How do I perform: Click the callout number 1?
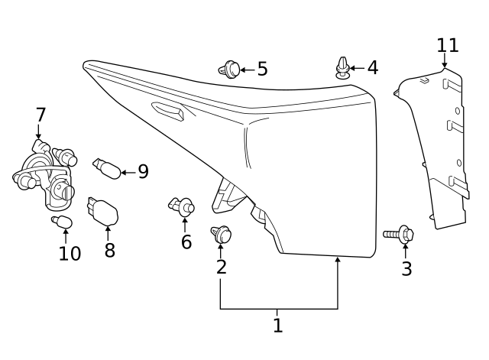[x=277, y=326]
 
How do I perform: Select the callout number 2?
[x=221, y=267]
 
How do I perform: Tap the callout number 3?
[x=406, y=268]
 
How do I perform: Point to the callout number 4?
[x=372, y=68]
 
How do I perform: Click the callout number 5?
[x=262, y=70]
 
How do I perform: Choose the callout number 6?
[x=186, y=242]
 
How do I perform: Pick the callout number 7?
[x=40, y=115]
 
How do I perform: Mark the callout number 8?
[x=109, y=250]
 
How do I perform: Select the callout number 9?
[x=142, y=172]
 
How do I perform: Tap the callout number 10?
[x=70, y=253]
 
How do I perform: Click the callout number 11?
[x=448, y=45]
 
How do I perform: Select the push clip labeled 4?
[x=343, y=67]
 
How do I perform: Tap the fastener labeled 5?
[x=228, y=70]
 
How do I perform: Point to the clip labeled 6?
[x=183, y=205]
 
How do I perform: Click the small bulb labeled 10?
[x=62, y=222]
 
